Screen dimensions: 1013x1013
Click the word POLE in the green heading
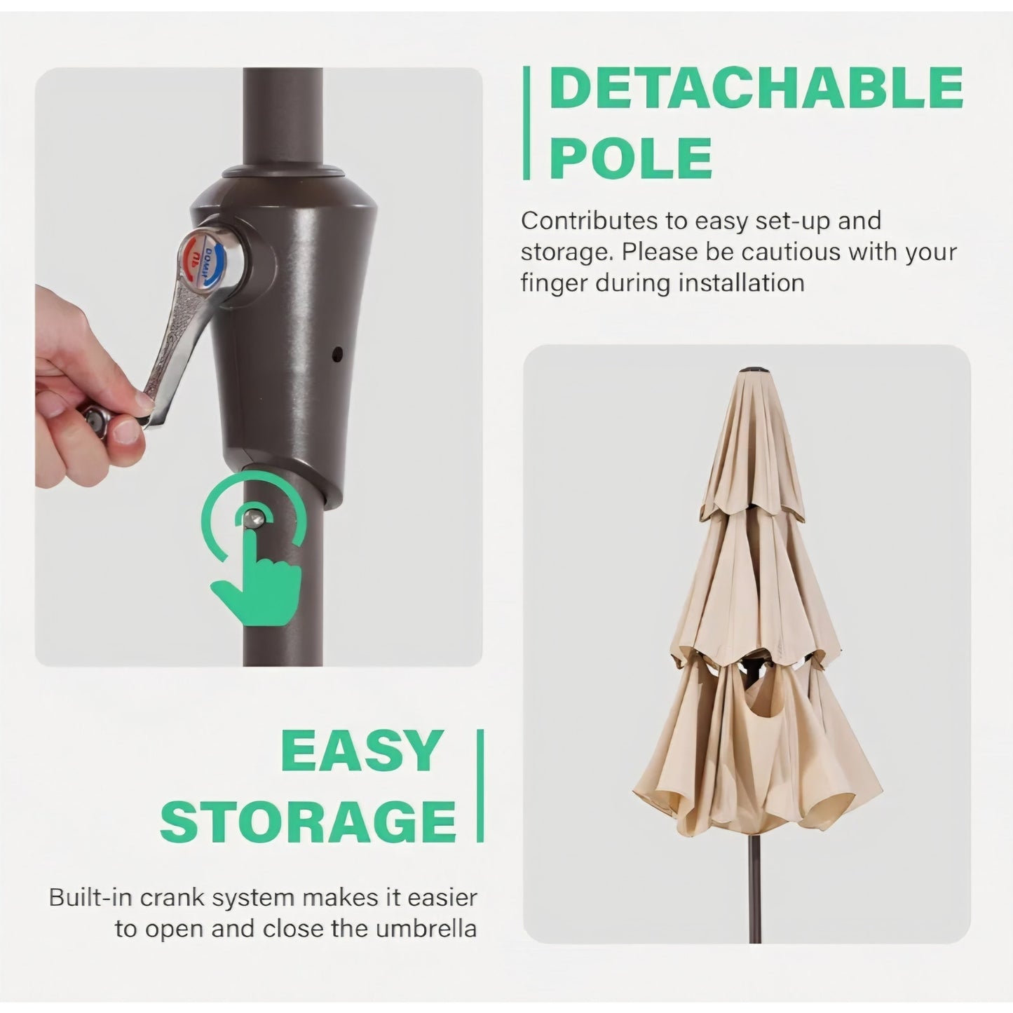[631, 157]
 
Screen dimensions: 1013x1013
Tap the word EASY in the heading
[362, 750]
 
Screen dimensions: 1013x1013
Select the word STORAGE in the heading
[308, 821]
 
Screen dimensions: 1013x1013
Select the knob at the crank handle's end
[95, 419]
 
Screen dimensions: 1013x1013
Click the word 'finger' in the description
[554, 284]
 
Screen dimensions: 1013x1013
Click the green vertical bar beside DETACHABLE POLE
[526, 123]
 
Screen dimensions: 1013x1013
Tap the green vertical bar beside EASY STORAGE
[480, 786]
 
